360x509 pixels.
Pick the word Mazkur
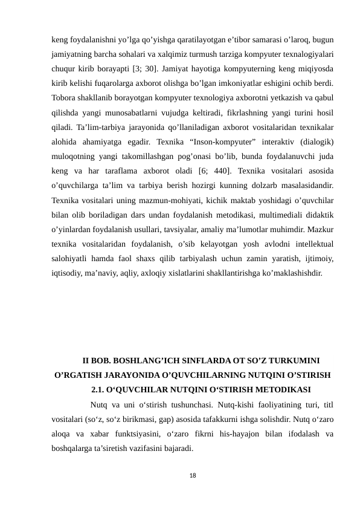320,229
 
